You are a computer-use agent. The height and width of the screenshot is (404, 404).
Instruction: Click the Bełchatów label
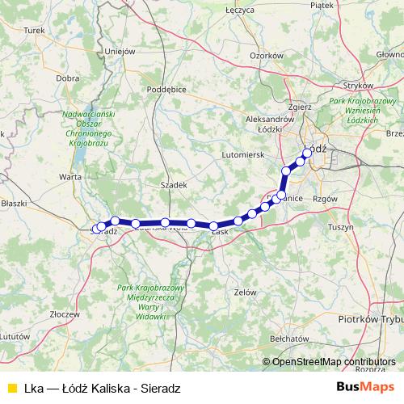(290, 339)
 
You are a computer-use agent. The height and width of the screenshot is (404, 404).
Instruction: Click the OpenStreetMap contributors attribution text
(334, 362)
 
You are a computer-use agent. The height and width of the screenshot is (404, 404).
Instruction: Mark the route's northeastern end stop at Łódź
(307, 152)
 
